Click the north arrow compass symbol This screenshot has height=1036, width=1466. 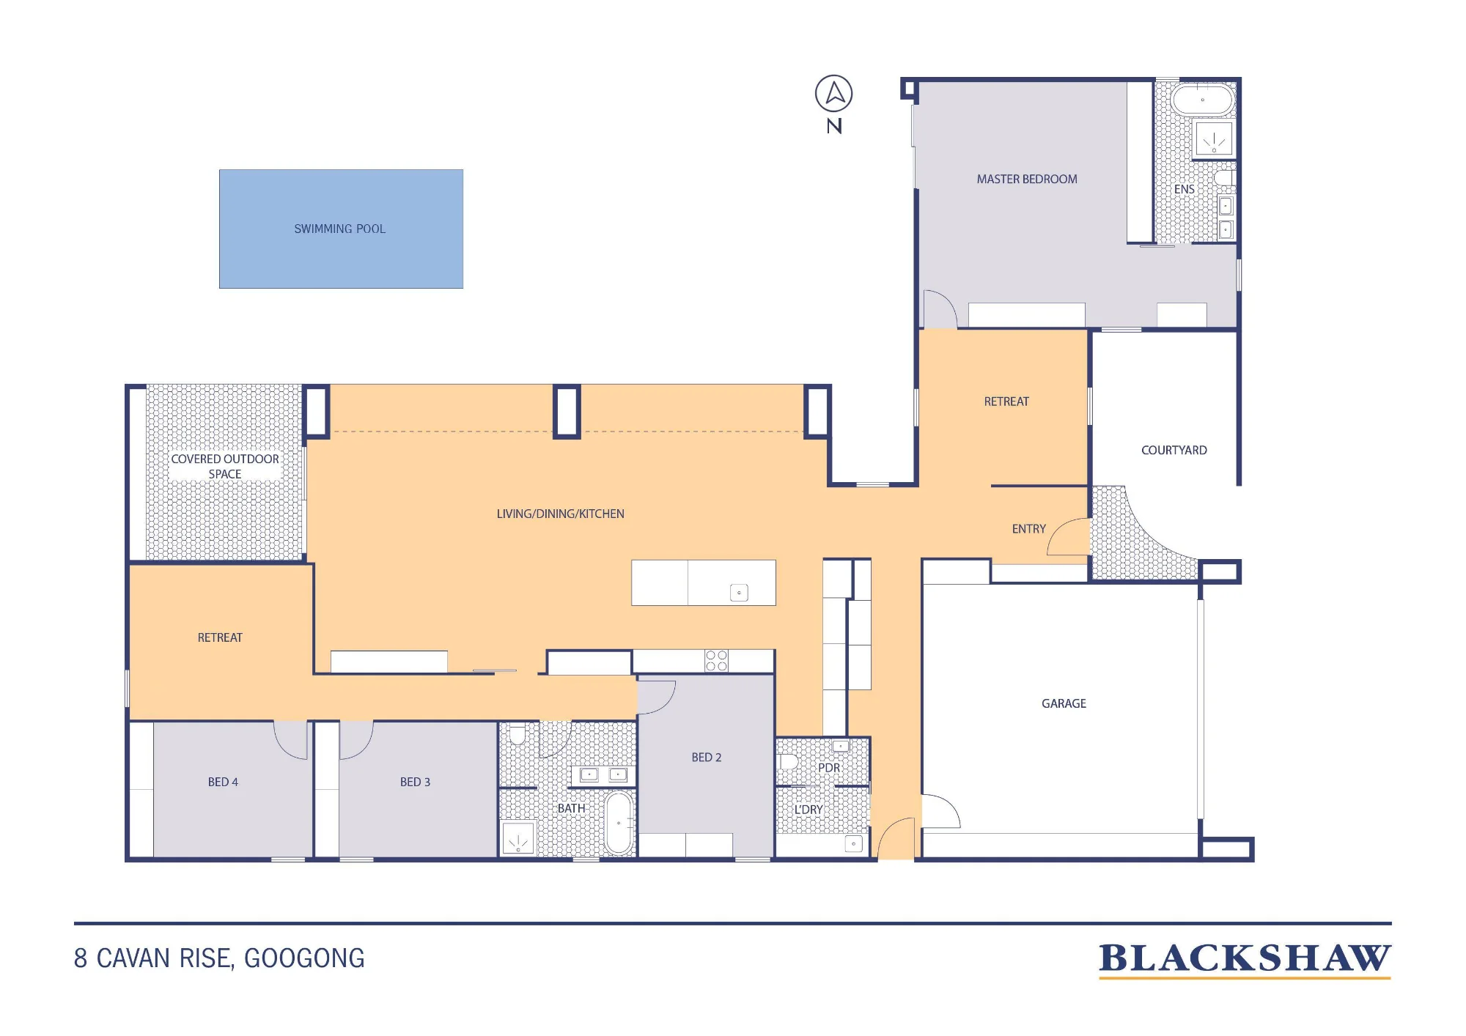(834, 94)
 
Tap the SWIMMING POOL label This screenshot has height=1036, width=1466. (339, 229)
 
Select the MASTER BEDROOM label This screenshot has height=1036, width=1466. (1027, 179)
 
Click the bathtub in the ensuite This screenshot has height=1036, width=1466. (1203, 100)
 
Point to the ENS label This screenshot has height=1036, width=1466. (1185, 189)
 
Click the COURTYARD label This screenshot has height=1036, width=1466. (1174, 450)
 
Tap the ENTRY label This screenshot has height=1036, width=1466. (1029, 529)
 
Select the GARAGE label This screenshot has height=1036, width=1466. (1064, 703)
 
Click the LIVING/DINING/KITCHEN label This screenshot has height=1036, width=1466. (561, 514)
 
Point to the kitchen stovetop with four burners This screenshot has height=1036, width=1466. (716, 661)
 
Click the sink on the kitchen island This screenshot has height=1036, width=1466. (739, 593)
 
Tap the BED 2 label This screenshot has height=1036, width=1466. (707, 758)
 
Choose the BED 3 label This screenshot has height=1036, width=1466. (415, 782)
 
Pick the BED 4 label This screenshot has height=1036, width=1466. (223, 782)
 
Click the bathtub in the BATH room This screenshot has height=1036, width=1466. (619, 823)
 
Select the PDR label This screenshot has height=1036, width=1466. (829, 768)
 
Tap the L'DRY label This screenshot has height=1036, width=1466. (808, 810)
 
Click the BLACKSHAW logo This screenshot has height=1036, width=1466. (1245, 959)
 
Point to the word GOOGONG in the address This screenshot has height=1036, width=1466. (304, 958)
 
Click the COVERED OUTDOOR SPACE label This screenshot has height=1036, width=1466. (225, 467)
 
